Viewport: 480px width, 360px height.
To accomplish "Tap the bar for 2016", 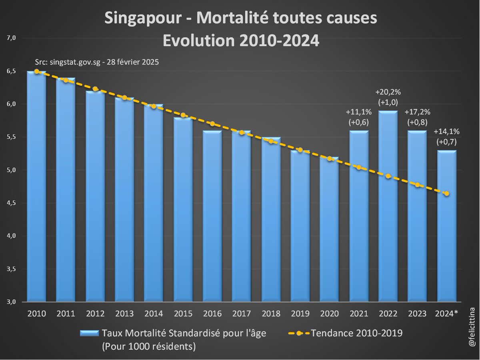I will coord(212,220).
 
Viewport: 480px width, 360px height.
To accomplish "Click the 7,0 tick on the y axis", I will coord(11,38).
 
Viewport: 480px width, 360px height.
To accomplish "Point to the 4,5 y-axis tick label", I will coord(11,203).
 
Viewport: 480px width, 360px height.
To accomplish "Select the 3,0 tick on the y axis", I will coord(11,302).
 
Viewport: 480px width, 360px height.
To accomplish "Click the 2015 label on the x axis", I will coord(183,313).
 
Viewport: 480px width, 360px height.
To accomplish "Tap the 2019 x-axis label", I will coord(300,313).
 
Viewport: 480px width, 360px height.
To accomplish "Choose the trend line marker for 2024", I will coord(446,194).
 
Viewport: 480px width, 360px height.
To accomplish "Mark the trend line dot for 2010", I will coord(36,72).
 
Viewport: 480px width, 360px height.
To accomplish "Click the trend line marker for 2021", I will coord(358,168).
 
